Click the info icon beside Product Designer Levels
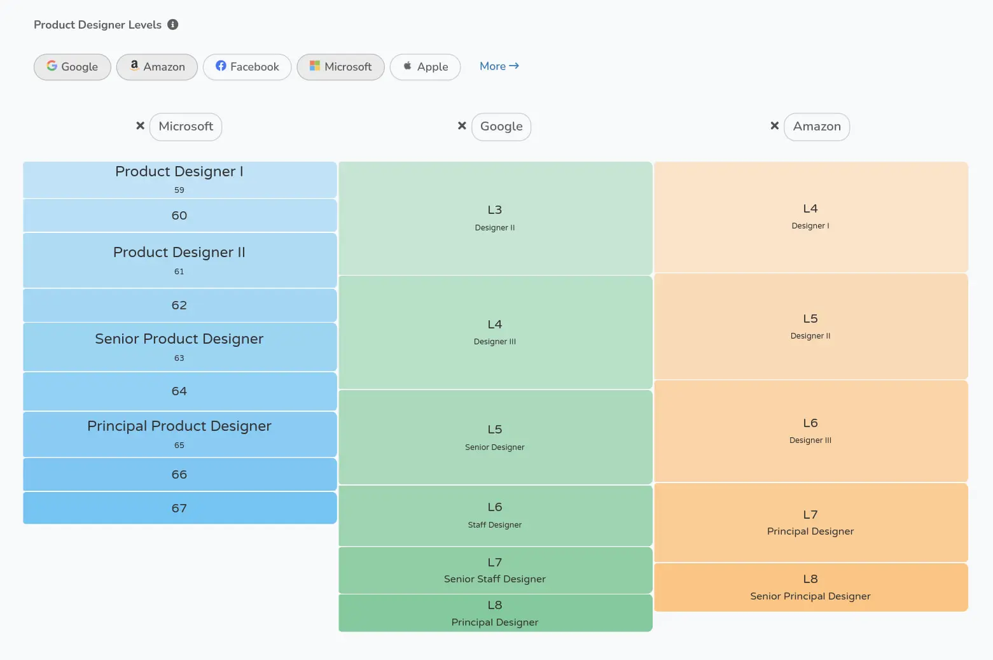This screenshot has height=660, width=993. [172, 25]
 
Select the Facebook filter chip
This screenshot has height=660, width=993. [247, 67]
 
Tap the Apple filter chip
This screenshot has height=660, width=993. [425, 67]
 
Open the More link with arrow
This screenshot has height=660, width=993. [499, 66]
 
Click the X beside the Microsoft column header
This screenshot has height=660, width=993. [141, 126]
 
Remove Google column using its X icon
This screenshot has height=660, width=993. [462, 126]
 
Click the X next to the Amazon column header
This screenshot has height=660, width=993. [774, 126]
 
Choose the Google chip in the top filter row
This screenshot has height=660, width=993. [73, 67]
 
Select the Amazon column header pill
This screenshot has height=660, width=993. [816, 127]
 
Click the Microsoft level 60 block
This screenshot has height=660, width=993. [179, 216]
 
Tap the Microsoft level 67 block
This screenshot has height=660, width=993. [179, 508]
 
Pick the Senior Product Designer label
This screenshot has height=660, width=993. [179, 339]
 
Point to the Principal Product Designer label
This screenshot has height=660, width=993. [179, 426]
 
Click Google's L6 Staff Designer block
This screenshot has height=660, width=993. [495, 516]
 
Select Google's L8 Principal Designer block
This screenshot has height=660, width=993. [495, 613]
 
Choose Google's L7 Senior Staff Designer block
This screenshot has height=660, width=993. [495, 570]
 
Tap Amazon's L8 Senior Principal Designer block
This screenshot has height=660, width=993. [810, 587]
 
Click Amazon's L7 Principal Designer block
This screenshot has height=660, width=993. [810, 523]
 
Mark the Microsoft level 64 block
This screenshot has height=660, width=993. [179, 391]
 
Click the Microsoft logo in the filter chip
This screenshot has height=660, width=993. [314, 66]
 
